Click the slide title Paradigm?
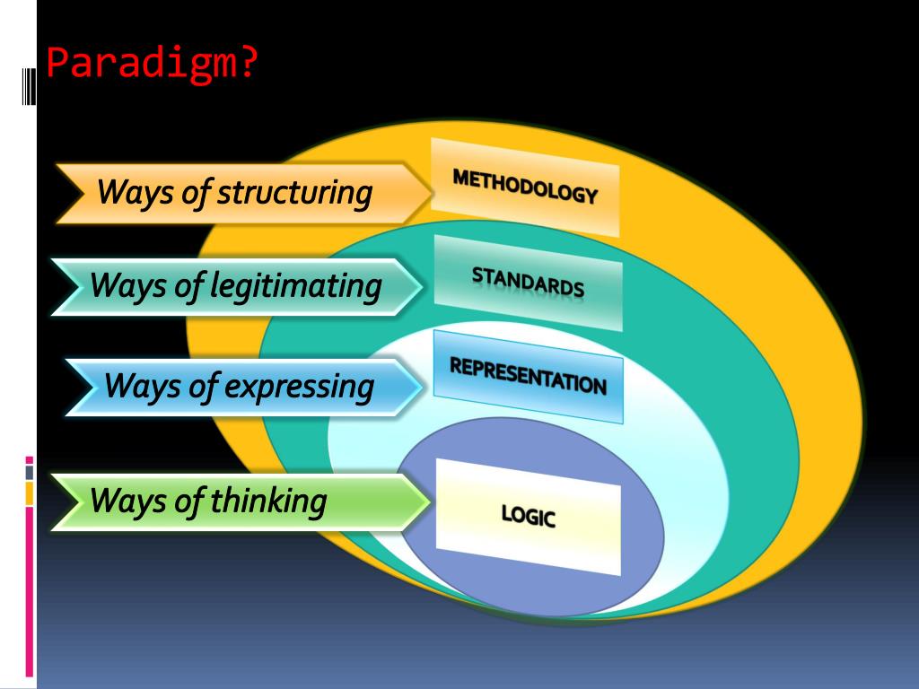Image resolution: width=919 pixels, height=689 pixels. (x=151, y=64)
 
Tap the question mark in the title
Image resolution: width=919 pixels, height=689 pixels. (x=247, y=64)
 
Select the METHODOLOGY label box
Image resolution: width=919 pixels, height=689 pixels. (x=525, y=187)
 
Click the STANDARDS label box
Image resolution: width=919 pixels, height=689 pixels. (x=528, y=283)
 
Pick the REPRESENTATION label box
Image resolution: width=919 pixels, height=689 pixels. (x=528, y=376)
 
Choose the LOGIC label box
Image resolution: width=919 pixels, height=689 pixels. (x=528, y=516)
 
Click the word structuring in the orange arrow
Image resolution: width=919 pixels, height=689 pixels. (x=294, y=192)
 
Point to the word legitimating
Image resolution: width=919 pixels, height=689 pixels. (x=296, y=286)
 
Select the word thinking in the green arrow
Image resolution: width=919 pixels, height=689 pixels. (x=268, y=501)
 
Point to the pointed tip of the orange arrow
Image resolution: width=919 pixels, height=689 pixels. (x=429, y=192)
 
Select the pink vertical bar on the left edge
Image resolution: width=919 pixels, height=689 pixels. (x=29, y=592)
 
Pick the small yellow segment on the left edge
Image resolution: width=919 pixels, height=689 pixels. (x=29, y=493)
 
